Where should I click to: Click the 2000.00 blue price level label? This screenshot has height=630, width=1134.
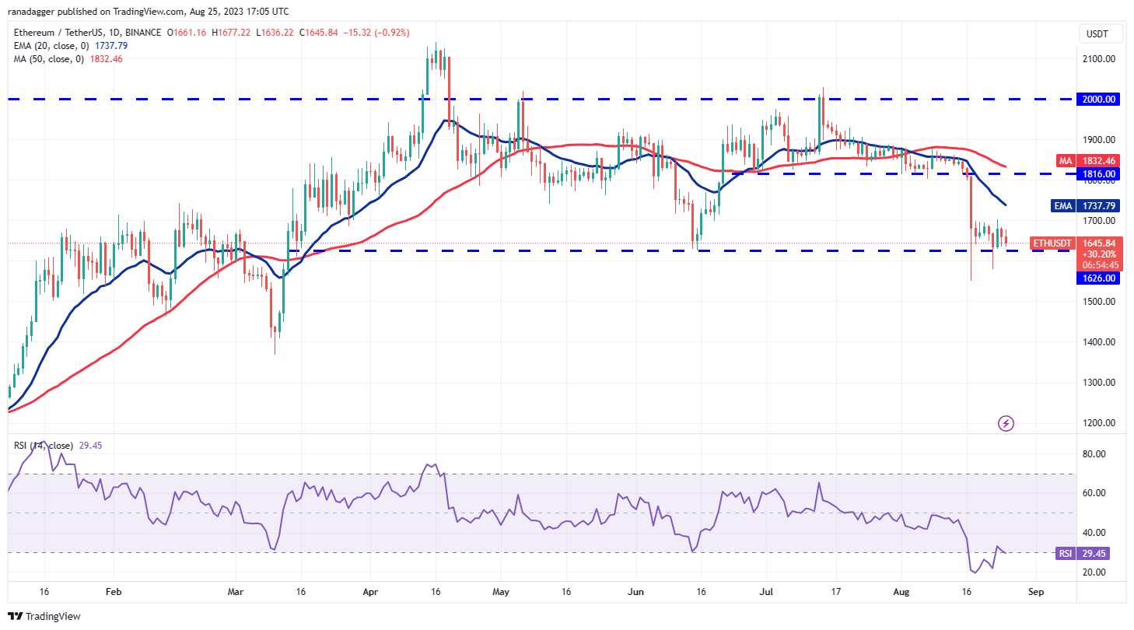pos(1099,100)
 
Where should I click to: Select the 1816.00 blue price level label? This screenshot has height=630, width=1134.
pos(1099,174)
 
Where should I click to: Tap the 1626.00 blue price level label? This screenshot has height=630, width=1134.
pos(1099,278)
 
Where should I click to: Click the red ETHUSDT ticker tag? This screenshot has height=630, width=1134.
pos(1051,243)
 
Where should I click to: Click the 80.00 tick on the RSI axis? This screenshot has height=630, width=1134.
pos(1096,453)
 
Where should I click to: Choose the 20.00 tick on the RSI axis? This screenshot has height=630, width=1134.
pos(1096,572)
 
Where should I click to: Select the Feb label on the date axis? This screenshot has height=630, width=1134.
pos(114,591)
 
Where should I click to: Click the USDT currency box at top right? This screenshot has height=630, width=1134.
pos(1098,34)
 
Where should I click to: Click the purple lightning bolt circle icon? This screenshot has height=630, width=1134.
pos(1006,423)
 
